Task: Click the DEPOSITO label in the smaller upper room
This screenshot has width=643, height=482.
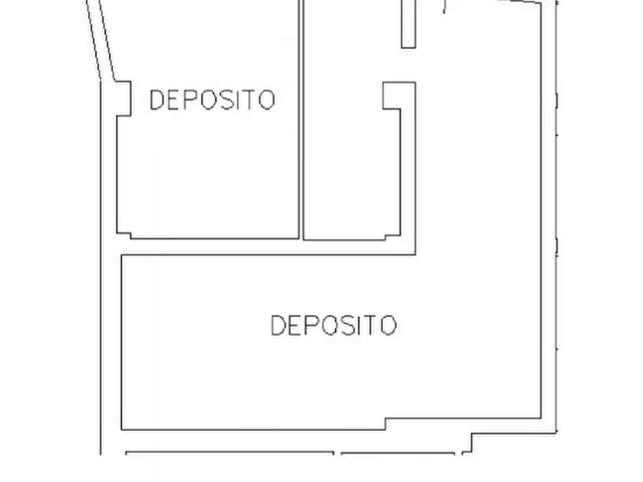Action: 212,100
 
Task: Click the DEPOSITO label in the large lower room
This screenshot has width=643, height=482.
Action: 333,325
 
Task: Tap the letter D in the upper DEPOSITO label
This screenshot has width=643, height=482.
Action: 156,100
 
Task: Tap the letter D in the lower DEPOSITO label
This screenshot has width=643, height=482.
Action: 278,325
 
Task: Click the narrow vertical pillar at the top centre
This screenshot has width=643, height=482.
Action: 408,23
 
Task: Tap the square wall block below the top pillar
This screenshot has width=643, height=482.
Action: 398,96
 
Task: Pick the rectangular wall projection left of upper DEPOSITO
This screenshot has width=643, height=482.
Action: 123,99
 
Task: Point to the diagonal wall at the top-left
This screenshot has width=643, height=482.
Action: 102,40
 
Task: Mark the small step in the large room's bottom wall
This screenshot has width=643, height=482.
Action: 386,424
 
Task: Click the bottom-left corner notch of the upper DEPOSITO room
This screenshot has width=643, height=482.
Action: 125,234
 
